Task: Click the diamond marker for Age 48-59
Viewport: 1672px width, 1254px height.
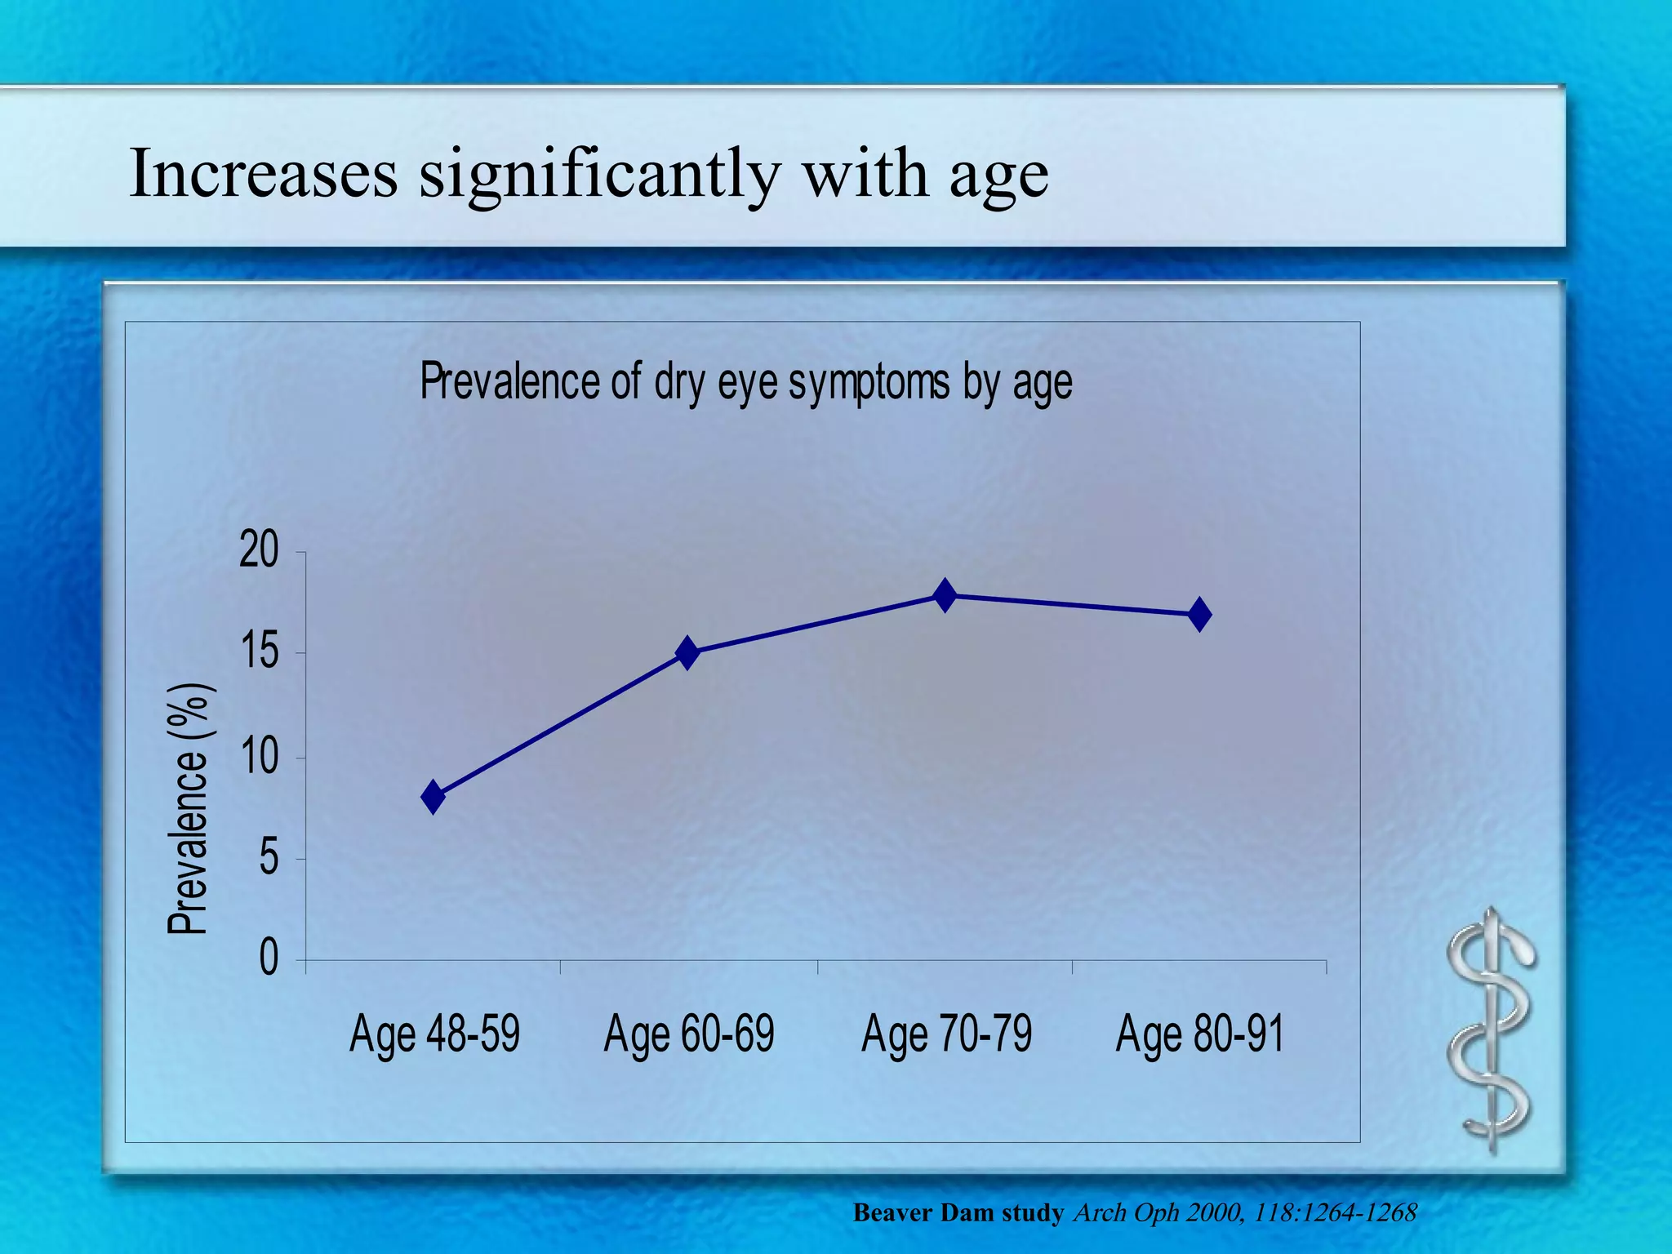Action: (x=434, y=796)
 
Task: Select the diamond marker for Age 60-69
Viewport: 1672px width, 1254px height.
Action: (x=687, y=653)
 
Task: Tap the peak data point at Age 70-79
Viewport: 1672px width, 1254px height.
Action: (x=945, y=595)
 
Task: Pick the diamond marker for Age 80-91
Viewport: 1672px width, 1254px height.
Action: (x=1199, y=614)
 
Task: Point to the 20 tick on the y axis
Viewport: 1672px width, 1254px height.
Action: (x=259, y=552)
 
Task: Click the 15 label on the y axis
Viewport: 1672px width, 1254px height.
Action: (x=259, y=652)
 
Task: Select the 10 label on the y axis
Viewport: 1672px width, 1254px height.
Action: (x=259, y=757)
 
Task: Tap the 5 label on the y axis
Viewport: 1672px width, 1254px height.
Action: (x=269, y=858)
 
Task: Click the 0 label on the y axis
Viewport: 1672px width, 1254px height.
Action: (x=269, y=958)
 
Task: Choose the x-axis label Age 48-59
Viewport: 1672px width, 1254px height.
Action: (x=434, y=1034)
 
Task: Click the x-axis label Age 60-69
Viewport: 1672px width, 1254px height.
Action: (x=688, y=1034)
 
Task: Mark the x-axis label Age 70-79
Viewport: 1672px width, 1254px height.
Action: (x=946, y=1034)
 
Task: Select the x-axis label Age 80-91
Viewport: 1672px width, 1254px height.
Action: (x=1199, y=1034)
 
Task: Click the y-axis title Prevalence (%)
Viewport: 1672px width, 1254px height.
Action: (x=191, y=808)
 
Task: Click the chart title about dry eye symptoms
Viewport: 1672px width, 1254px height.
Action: (x=745, y=382)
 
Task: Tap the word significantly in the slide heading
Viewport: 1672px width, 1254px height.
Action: (x=600, y=175)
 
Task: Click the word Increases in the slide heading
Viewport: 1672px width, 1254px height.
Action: (x=264, y=173)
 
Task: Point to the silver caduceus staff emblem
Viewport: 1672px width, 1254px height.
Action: (x=1491, y=1031)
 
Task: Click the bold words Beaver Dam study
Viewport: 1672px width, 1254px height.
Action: (x=958, y=1212)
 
